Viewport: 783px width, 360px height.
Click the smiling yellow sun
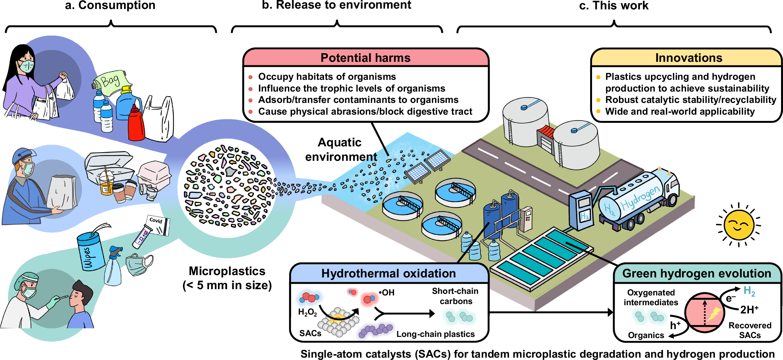point(738,225)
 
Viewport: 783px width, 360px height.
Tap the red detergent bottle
point(136,123)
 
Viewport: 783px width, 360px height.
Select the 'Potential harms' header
point(365,58)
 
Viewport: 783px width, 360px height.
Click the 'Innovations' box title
point(689,58)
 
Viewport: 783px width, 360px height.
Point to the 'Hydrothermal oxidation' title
point(389,274)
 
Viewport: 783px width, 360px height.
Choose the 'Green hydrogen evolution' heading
point(697,274)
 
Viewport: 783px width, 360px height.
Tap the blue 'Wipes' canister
point(90,251)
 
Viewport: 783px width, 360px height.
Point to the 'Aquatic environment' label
point(341,149)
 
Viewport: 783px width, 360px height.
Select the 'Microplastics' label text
point(227,271)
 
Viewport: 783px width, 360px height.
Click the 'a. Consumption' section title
point(110,5)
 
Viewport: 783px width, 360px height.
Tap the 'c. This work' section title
point(614,5)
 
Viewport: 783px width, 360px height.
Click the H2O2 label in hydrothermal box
point(308,312)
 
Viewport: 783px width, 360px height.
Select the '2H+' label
point(749,310)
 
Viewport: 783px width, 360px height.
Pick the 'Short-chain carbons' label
point(455,296)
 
